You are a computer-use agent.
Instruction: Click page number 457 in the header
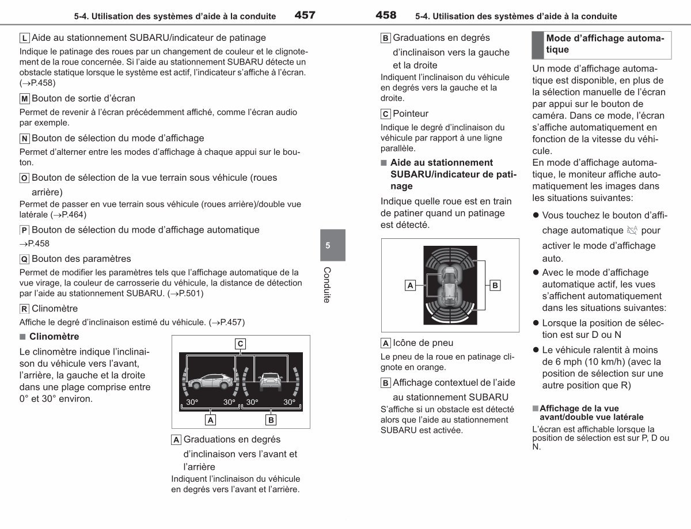(305, 15)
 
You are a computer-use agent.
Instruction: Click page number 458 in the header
(386, 15)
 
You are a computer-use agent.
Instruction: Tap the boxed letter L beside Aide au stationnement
(25, 38)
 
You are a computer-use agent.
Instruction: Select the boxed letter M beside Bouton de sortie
(25, 99)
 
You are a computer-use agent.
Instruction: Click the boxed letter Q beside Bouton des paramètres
(25, 259)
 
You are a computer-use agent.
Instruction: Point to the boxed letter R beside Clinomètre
(25, 309)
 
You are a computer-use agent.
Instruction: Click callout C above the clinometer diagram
(240, 344)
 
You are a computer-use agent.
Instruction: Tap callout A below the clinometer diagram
(211, 420)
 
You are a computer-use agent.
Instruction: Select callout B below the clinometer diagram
(271, 420)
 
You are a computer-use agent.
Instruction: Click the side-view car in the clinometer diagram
(211, 381)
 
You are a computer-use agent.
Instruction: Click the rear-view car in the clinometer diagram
(270, 382)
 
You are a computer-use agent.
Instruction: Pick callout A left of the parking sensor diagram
(410, 286)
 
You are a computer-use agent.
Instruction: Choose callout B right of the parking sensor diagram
(495, 286)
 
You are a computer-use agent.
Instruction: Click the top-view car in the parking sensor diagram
(450, 286)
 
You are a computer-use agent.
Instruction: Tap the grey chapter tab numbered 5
(333, 245)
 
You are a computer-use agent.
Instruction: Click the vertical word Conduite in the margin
(327, 285)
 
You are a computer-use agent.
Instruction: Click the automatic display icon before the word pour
(632, 230)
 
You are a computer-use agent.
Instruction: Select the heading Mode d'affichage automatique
(605, 44)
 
